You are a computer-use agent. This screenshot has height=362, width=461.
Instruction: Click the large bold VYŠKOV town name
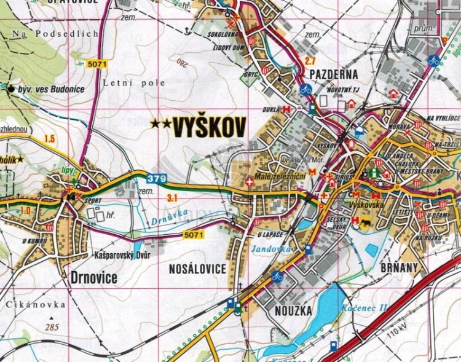209,127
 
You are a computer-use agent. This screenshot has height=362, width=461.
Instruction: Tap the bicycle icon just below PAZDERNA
305,90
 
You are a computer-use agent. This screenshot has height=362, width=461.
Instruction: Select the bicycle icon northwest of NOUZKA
277,277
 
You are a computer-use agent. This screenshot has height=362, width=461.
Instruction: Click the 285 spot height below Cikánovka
51,327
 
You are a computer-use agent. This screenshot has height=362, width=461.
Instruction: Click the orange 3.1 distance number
172,197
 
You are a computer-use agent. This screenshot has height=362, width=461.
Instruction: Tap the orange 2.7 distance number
310,61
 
